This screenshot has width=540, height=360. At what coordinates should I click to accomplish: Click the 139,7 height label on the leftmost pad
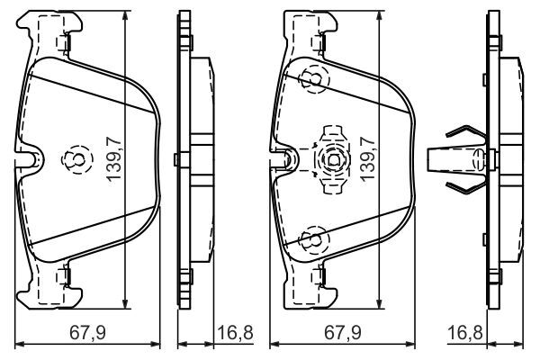[114, 158]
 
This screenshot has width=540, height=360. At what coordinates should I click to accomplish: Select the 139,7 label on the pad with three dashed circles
[368, 158]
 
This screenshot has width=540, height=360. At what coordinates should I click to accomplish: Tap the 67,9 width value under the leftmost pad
[88, 333]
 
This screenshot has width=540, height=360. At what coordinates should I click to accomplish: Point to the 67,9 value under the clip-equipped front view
[343, 333]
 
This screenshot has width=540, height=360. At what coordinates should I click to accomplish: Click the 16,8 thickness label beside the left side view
[235, 333]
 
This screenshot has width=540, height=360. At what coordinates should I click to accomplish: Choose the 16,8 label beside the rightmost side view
[465, 333]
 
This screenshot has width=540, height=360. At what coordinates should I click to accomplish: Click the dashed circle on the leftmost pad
[77, 159]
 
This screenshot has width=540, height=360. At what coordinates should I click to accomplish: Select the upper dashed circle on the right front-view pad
[314, 79]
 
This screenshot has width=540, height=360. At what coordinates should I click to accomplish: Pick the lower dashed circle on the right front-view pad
[314, 240]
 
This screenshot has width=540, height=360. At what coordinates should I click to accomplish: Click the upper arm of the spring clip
[465, 132]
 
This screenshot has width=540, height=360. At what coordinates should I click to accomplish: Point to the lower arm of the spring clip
[465, 186]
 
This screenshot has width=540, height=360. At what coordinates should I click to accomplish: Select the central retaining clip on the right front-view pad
[333, 160]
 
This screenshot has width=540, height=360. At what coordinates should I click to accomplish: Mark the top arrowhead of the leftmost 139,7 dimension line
[125, 16]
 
